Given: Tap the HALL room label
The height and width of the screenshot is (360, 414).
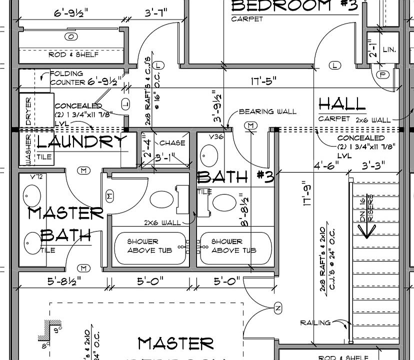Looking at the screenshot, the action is pos(342,104).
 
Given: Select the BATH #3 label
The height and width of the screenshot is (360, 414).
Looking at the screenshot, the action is pos(235,176).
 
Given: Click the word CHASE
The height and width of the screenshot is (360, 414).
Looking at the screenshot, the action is pos(172,143).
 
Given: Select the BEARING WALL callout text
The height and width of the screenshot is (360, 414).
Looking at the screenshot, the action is pos(267,111).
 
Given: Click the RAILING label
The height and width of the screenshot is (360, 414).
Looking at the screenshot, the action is pos(315,322).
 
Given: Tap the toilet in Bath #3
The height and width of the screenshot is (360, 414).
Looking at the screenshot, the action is pos(222,202).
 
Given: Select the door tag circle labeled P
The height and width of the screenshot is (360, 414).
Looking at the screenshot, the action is pos(384,74).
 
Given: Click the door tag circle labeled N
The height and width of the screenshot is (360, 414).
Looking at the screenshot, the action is pos(278,306).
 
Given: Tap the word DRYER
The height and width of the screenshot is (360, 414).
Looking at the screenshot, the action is pos(28,111).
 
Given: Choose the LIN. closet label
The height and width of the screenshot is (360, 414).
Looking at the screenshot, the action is pos(389,50).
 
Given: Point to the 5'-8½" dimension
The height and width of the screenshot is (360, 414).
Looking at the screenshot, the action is pos(63,282).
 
